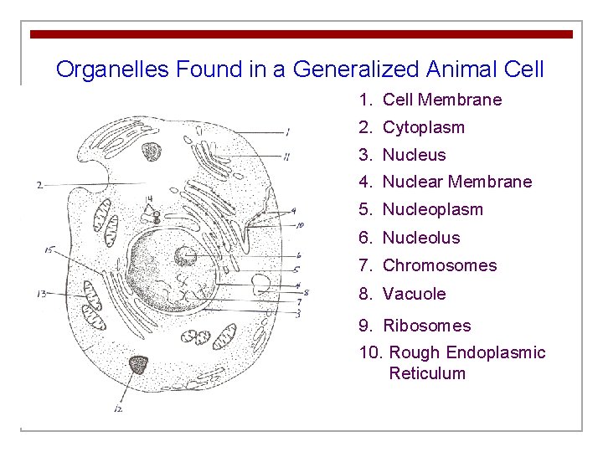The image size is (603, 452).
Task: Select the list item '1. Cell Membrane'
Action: point(430,100)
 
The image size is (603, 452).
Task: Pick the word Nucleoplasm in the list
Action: point(432,209)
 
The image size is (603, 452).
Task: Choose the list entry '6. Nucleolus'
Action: point(410,238)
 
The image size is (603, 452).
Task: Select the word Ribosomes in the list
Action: point(426,326)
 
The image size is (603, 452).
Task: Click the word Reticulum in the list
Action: point(427,373)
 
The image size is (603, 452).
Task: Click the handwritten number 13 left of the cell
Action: point(40,294)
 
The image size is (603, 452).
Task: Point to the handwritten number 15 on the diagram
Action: point(49,250)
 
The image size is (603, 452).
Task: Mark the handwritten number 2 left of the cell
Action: point(40,185)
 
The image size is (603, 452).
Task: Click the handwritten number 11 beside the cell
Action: point(286,155)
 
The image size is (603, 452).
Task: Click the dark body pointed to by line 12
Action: point(137,364)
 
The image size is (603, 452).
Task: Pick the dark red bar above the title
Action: point(301,34)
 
